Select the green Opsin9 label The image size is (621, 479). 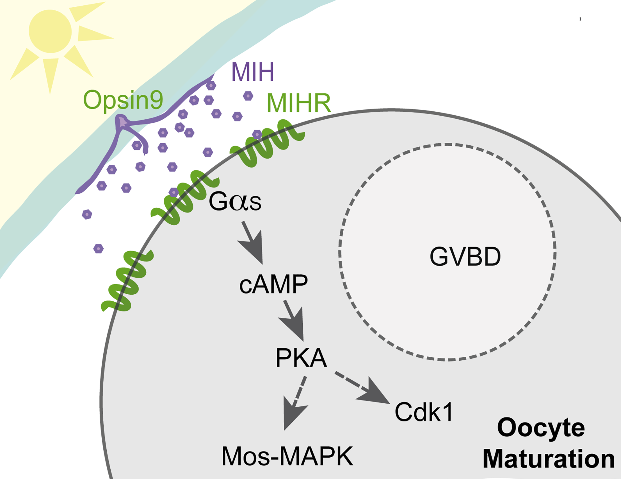point(123,100)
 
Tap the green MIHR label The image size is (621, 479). point(298,103)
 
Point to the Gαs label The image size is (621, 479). point(235,202)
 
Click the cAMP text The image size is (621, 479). point(273,284)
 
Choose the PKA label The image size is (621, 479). point(301,358)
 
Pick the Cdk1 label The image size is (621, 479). point(424,412)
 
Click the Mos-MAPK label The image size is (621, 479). point(287,457)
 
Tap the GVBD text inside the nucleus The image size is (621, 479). point(465,257)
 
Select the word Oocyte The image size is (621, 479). point(540,428)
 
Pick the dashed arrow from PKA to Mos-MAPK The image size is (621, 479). point(296,402)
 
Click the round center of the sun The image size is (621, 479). point(50,31)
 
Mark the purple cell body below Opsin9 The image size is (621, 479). point(122,122)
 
